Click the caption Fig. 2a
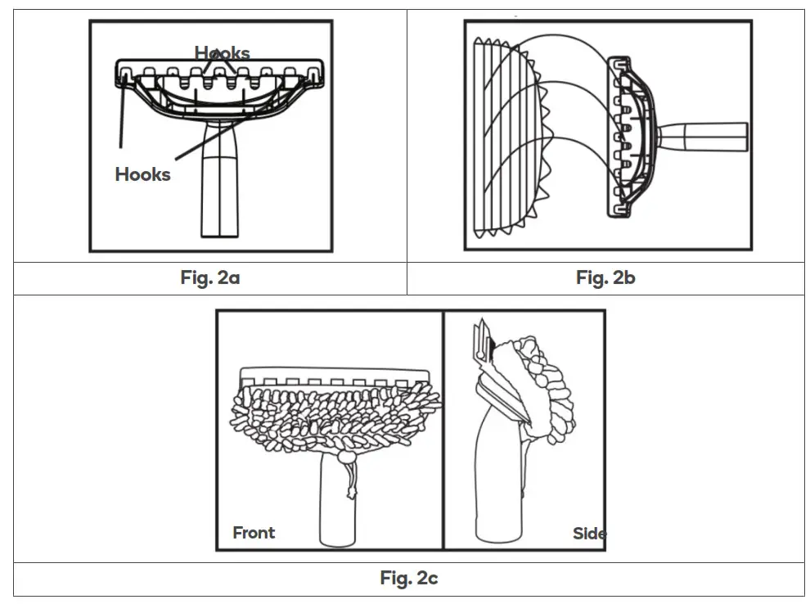pos(210,277)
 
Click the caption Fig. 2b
pos(605,277)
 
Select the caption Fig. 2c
pos(409,579)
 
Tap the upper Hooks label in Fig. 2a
pos(222,53)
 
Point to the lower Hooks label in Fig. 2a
pos(142,174)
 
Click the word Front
pos(254,533)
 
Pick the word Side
pos(589,534)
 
